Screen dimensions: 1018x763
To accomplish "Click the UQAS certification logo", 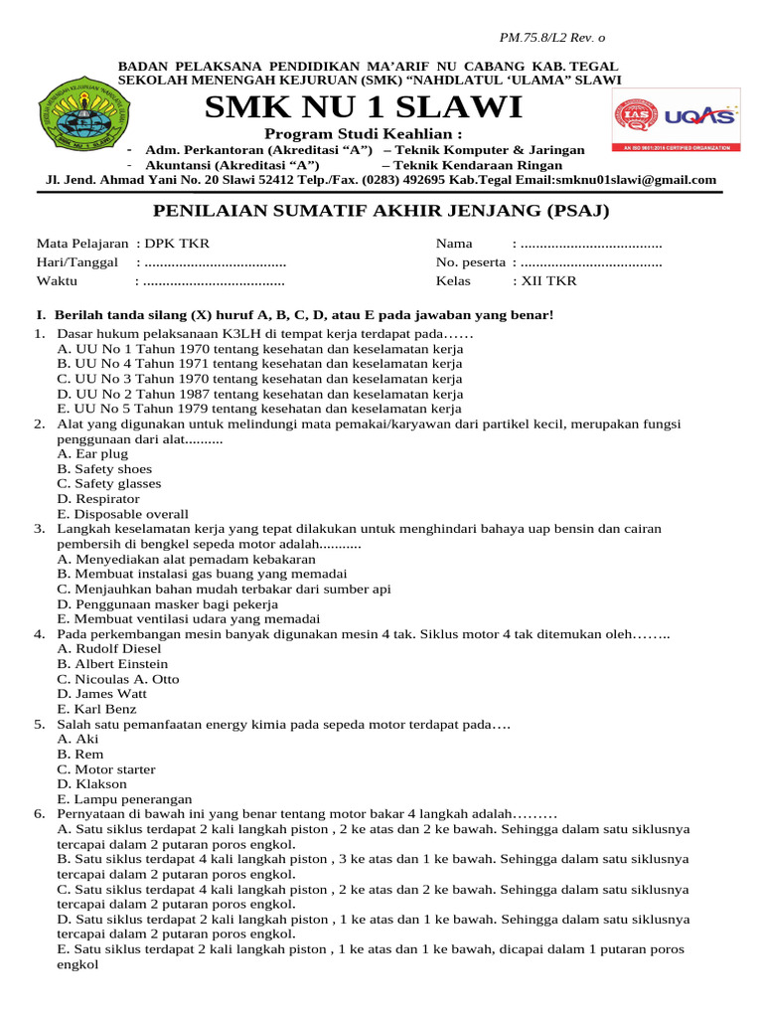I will click(675, 123).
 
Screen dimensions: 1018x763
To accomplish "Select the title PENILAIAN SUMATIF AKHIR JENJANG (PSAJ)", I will click(381, 211).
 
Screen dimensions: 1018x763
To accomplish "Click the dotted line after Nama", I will click(591, 244).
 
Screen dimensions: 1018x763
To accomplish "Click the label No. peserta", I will click(470, 262).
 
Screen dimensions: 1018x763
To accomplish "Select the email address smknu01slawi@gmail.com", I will click(644, 180).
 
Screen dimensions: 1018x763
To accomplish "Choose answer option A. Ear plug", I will click(93, 453).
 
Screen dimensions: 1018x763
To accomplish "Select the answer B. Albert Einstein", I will click(113, 663).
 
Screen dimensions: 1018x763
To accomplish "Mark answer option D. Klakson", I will click(92, 783).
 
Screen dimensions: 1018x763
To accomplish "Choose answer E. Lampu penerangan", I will click(125, 798).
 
